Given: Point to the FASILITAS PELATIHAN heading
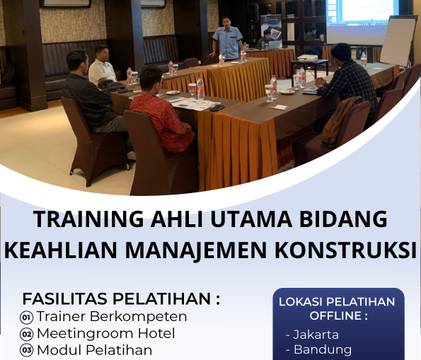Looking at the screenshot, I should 121,298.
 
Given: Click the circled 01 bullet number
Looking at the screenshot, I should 27,318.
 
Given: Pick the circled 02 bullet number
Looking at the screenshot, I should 27,334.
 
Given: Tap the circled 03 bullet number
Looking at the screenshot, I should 27,350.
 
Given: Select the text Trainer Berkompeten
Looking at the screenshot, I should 112,316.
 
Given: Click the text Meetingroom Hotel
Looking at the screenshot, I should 106,333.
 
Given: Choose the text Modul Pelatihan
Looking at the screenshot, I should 94,350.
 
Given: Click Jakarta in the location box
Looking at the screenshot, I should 316,335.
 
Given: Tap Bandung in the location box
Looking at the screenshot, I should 322,349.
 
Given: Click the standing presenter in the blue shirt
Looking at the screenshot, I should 227,39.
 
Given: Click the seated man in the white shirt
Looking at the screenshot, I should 103,66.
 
